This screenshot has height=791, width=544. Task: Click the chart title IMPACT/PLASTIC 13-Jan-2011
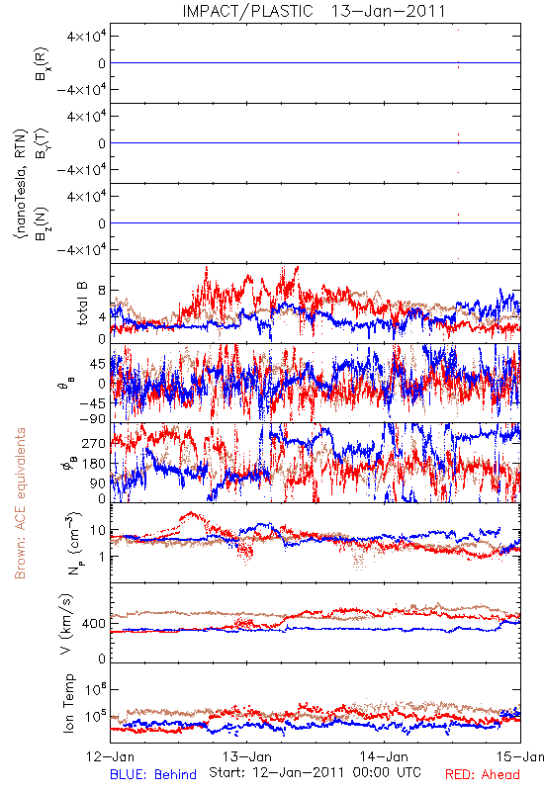click(x=314, y=11)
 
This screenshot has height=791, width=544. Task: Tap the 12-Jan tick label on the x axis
click(x=110, y=756)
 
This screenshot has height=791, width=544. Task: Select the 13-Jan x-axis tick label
click(x=247, y=756)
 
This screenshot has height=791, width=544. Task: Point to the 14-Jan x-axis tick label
click(x=384, y=756)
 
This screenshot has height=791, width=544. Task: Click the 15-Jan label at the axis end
click(x=520, y=756)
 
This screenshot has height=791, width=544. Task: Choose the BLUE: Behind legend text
click(x=153, y=774)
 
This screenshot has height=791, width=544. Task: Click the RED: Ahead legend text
click(x=483, y=774)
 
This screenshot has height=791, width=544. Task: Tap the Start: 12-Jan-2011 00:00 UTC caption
click(x=315, y=772)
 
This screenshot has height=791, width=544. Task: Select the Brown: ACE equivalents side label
click(x=20, y=503)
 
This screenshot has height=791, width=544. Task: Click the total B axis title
click(x=81, y=304)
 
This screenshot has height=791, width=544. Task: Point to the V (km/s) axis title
click(x=66, y=625)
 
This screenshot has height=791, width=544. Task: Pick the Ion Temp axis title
click(x=68, y=703)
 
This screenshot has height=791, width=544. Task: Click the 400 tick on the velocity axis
click(x=94, y=624)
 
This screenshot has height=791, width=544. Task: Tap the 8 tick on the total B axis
click(x=102, y=291)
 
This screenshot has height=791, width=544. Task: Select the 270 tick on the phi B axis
click(x=94, y=444)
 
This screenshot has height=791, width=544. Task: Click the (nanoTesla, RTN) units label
click(x=21, y=184)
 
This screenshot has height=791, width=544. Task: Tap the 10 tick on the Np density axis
click(x=98, y=530)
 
